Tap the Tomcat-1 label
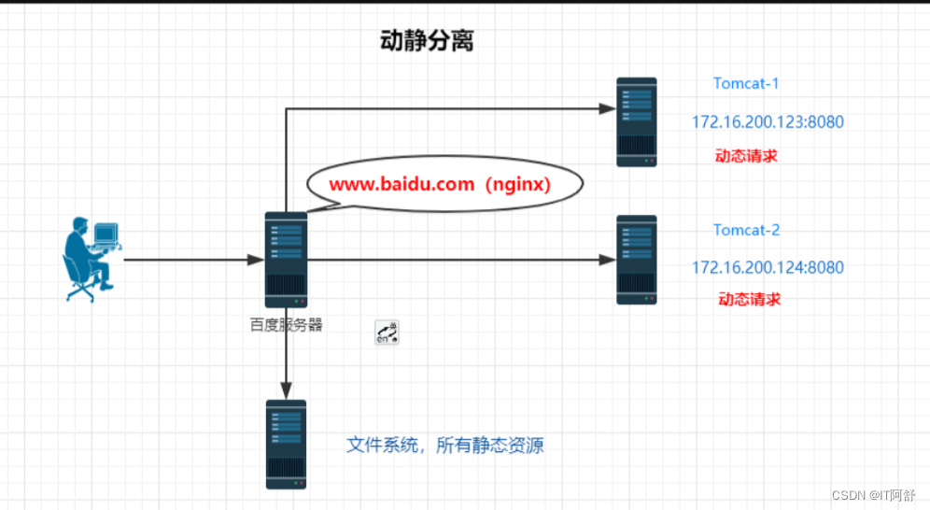tap(746, 83)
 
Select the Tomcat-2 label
tap(746, 230)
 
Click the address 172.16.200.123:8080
tap(768, 121)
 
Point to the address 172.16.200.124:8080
tap(768, 267)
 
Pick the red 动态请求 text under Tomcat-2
tap(749, 299)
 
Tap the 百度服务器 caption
tap(285, 325)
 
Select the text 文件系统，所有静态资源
tap(444, 446)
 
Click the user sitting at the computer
tap(91, 259)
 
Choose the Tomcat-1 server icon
tap(637, 121)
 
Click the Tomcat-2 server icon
tap(637, 260)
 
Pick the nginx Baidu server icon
tap(286, 259)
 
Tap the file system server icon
tap(286, 445)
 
